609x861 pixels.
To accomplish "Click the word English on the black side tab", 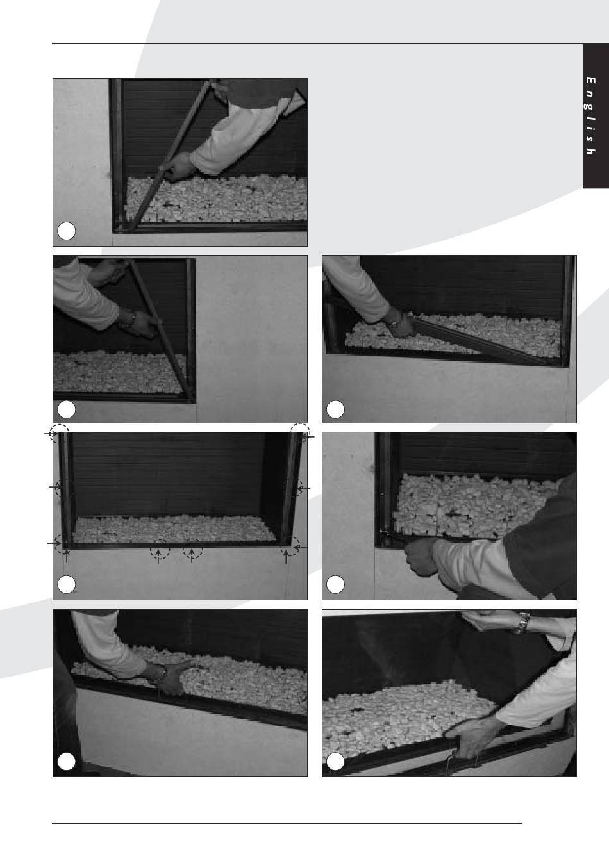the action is coord(590,116).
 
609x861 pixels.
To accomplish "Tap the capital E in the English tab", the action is coord(590,80).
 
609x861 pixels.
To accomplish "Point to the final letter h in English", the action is coord(590,151).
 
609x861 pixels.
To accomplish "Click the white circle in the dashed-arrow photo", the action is coord(66,584).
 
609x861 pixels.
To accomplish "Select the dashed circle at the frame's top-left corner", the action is coord(60,434).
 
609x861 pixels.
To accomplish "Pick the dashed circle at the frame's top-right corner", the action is coord(300,432).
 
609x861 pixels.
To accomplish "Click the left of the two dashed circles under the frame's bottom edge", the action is coord(159,549).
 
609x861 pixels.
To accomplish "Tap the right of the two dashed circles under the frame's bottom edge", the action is coord(192,549).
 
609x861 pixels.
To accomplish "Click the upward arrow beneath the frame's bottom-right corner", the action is coord(286,557).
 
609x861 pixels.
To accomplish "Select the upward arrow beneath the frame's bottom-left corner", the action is coord(67,556).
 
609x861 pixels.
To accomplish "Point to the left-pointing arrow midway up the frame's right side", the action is coord(303,488).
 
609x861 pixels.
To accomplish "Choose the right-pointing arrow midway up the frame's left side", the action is coord(55,487).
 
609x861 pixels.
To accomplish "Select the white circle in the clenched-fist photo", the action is coord(335,584).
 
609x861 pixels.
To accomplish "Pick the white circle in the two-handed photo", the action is coord(335,762).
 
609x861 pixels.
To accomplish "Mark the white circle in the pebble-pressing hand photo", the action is coord(66,762).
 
